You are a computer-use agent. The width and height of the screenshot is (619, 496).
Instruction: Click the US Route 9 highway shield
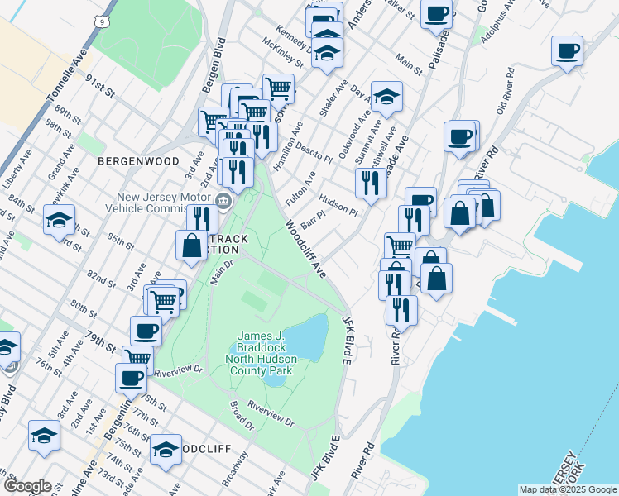pos(101,19)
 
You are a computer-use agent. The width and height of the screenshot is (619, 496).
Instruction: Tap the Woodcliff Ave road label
pos(306,248)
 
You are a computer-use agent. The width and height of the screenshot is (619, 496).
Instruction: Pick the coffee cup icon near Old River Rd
pos(567,51)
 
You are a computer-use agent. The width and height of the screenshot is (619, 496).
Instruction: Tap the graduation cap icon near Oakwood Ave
pos(386,98)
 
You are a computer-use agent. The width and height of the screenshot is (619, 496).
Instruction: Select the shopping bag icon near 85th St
pos(191,246)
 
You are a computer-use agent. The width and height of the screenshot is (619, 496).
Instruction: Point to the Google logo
pos(27,486)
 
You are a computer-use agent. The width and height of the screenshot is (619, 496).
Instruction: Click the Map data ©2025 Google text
pos(567,489)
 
